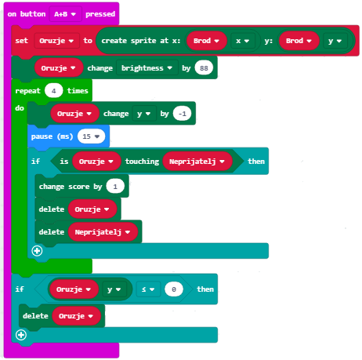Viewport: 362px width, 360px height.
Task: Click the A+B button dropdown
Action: coord(65,14)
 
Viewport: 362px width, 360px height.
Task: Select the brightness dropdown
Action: coord(147,68)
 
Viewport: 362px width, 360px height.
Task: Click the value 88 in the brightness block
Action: coord(204,68)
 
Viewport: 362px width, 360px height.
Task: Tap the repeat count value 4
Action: coord(53,91)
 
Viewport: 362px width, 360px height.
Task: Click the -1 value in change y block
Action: coord(182,114)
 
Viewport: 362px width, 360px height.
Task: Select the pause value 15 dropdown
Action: coord(91,136)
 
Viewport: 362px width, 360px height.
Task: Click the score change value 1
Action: coord(115,187)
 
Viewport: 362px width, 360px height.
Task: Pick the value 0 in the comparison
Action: coord(174,289)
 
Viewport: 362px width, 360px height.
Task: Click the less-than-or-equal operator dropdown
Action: coord(148,289)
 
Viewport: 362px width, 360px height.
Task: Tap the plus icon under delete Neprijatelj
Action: coord(37,251)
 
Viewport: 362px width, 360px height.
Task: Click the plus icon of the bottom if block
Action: coord(21,335)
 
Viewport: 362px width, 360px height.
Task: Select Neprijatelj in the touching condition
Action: coord(197,162)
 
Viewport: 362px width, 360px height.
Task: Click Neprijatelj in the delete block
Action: coord(103,232)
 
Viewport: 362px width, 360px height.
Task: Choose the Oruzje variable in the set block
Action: coord(56,41)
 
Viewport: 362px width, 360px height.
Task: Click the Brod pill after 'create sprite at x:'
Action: coord(206,41)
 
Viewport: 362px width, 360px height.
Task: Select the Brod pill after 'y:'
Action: coord(299,41)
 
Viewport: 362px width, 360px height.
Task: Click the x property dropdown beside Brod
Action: coord(243,41)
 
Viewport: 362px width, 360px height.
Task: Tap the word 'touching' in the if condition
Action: coord(142,162)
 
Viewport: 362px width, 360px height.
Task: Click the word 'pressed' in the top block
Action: coord(100,14)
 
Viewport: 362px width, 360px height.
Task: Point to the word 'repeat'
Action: coord(27,91)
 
